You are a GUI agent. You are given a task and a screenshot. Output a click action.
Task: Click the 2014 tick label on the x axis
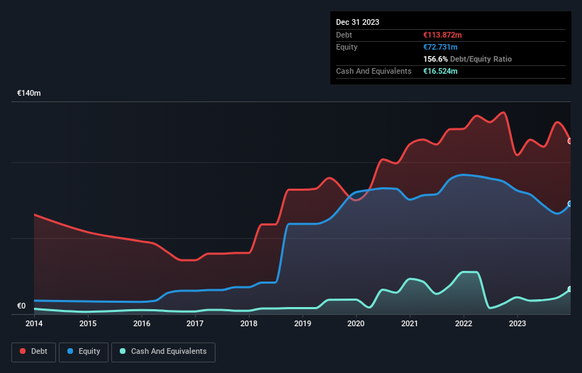click(x=34, y=324)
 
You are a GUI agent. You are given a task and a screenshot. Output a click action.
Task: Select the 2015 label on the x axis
click(x=88, y=324)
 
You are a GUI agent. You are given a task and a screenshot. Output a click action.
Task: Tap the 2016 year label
click(x=142, y=324)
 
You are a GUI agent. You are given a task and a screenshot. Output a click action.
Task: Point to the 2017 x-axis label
click(x=195, y=324)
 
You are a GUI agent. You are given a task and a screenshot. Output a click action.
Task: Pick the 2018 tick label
click(x=249, y=324)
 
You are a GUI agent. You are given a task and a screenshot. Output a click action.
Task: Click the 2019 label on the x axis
click(x=303, y=324)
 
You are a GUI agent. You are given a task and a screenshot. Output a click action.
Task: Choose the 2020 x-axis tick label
click(x=356, y=324)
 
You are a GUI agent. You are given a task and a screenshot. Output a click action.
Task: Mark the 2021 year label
click(x=410, y=324)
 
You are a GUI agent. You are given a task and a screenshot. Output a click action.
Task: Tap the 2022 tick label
click(x=464, y=324)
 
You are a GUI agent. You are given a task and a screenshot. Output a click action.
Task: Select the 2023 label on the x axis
click(x=517, y=324)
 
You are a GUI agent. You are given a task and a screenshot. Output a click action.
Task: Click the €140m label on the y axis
click(x=29, y=94)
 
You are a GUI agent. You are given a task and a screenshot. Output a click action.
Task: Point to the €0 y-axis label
click(x=21, y=306)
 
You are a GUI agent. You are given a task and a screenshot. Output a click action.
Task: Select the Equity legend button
click(x=84, y=352)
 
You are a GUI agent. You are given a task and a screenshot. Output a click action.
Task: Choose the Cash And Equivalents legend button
click(x=163, y=352)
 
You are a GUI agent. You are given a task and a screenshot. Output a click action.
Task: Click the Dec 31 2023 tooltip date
click(x=357, y=22)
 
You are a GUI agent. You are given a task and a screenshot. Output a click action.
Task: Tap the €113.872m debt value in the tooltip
click(x=442, y=35)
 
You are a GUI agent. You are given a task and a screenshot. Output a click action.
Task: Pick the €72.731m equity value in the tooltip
click(x=440, y=47)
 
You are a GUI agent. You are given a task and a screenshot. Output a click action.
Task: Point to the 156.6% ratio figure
click(x=435, y=59)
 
